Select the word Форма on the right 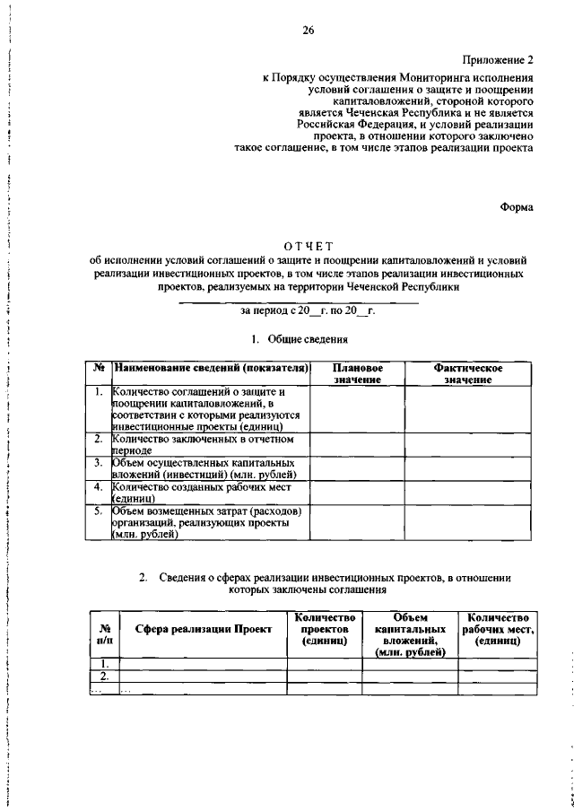click(x=515, y=206)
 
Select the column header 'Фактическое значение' click(x=467, y=374)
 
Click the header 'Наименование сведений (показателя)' click(x=212, y=369)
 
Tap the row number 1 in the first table click(x=99, y=392)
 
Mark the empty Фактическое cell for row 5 click(x=467, y=522)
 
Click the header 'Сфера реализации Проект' click(x=204, y=631)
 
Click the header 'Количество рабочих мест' click(x=497, y=631)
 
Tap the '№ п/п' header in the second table click(x=105, y=635)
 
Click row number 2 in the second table click(x=105, y=676)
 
